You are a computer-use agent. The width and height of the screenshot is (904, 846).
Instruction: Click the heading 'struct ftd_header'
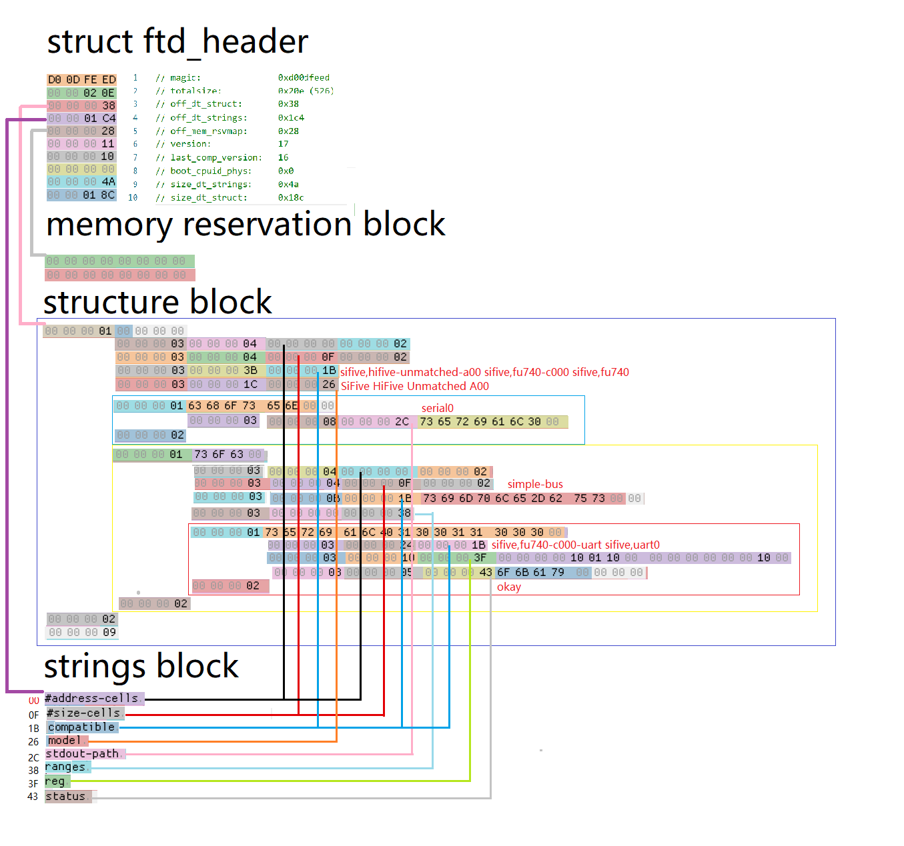tap(177, 42)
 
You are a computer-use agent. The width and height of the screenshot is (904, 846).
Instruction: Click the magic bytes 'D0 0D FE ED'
tap(81, 79)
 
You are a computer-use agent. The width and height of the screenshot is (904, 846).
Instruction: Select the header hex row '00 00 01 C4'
tap(81, 118)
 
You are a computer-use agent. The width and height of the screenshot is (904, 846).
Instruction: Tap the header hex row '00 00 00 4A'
tap(81, 181)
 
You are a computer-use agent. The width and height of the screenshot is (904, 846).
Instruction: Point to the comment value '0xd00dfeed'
tap(304, 78)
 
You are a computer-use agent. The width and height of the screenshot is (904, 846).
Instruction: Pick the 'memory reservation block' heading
tap(246, 225)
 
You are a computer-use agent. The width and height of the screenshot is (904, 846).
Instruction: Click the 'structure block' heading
tap(157, 302)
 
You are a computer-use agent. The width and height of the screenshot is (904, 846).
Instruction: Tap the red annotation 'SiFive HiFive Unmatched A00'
tap(414, 386)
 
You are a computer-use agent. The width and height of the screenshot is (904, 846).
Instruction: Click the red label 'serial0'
tap(437, 408)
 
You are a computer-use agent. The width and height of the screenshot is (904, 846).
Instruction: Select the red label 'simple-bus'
tap(535, 484)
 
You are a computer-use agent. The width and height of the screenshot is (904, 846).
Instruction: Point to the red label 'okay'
tap(508, 587)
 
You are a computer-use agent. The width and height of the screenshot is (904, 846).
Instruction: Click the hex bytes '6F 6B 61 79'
tap(530, 572)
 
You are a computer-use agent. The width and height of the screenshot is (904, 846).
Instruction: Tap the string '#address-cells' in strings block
tap(92, 699)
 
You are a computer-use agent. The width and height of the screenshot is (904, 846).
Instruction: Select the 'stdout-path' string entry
tap(82, 754)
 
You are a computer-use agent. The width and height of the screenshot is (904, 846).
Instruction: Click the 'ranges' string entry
tap(65, 767)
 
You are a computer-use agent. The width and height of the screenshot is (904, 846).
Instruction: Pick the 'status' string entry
tap(66, 797)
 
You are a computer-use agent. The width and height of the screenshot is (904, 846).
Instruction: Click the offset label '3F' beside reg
tap(33, 784)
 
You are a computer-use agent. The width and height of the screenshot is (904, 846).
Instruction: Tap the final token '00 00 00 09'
tap(82, 632)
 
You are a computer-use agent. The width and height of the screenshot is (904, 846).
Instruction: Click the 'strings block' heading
tap(141, 666)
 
